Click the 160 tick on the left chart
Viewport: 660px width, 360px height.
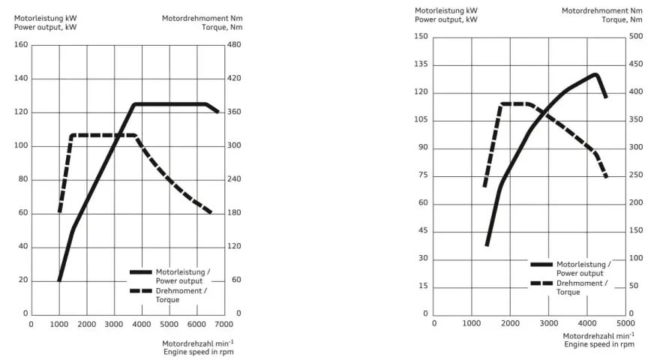(21, 45)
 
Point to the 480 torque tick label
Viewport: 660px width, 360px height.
(235, 45)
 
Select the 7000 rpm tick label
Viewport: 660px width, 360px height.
(224, 324)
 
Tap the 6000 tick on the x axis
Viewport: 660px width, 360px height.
(196, 324)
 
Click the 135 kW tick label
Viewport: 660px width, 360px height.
(421, 64)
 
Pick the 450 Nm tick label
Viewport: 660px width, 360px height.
(636, 64)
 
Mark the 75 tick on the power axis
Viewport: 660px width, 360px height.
(423, 175)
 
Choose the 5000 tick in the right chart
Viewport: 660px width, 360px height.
(626, 323)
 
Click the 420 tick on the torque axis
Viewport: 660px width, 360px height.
(235, 78)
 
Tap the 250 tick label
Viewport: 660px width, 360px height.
(636, 175)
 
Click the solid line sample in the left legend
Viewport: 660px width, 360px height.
(140, 272)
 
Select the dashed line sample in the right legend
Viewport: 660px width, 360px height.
(541, 283)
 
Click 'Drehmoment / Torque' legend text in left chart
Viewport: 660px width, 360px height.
(181, 295)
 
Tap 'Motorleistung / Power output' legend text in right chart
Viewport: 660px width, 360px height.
(583, 268)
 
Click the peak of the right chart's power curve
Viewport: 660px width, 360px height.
(595, 75)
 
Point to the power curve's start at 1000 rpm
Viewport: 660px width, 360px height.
(59, 280)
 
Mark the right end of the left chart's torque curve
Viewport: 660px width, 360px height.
(211, 212)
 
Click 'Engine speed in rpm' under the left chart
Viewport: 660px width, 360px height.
(199, 352)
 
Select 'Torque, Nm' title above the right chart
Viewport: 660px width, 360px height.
(622, 19)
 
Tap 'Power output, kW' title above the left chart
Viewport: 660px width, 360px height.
(46, 27)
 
